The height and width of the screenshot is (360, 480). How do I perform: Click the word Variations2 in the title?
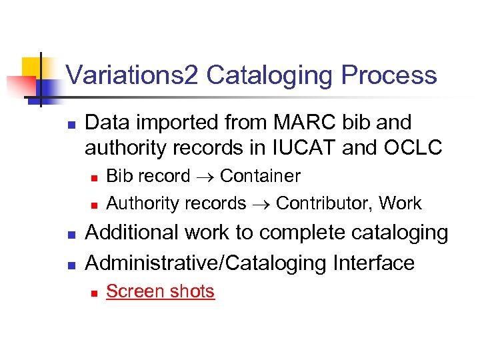coord(132,75)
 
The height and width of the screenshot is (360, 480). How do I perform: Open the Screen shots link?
coord(161,291)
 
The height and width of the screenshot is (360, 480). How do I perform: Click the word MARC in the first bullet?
coord(297,123)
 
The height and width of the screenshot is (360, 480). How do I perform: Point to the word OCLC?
coord(411,147)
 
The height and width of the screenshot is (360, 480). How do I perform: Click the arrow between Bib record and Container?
coord(205,177)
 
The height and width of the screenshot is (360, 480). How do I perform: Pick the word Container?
coord(260,176)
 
